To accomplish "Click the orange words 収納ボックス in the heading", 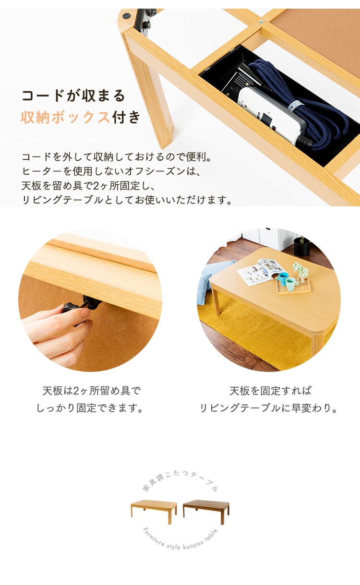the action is pos(65,117).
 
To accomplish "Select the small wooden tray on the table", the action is pos(294,286).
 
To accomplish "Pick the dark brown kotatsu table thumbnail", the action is pos(206,512).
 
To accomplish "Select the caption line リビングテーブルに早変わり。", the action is pos(269,408).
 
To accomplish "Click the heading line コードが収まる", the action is pos(73,96).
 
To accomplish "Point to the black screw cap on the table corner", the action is pos(128,15).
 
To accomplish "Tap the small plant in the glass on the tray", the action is pos(300,272).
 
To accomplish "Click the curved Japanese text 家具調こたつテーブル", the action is pos(180,480).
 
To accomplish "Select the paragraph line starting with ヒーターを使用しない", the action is pos(111,171).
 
